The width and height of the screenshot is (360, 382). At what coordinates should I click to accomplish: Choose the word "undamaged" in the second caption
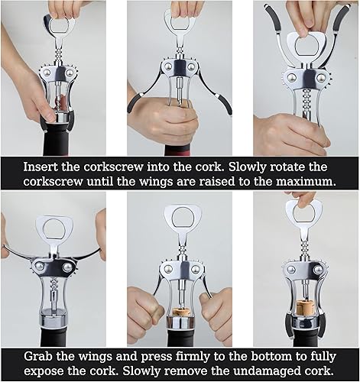[270, 372]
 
